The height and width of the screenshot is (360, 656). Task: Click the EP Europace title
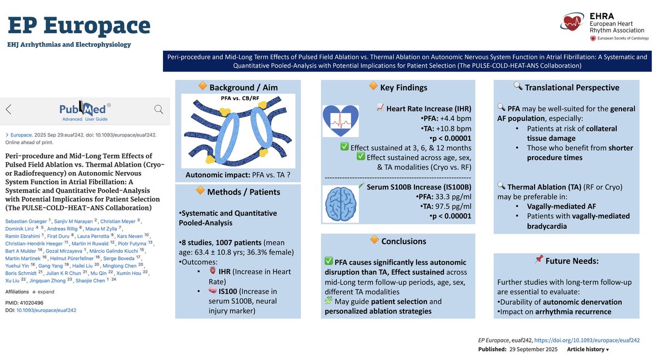point(79,25)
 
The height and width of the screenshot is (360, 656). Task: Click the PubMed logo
point(85,109)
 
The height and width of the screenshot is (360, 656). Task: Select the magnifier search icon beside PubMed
point(159,109)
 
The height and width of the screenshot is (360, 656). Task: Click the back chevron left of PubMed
point(9,109)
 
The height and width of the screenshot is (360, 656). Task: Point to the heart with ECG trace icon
point(340,121)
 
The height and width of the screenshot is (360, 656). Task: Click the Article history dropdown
point(588,349)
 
